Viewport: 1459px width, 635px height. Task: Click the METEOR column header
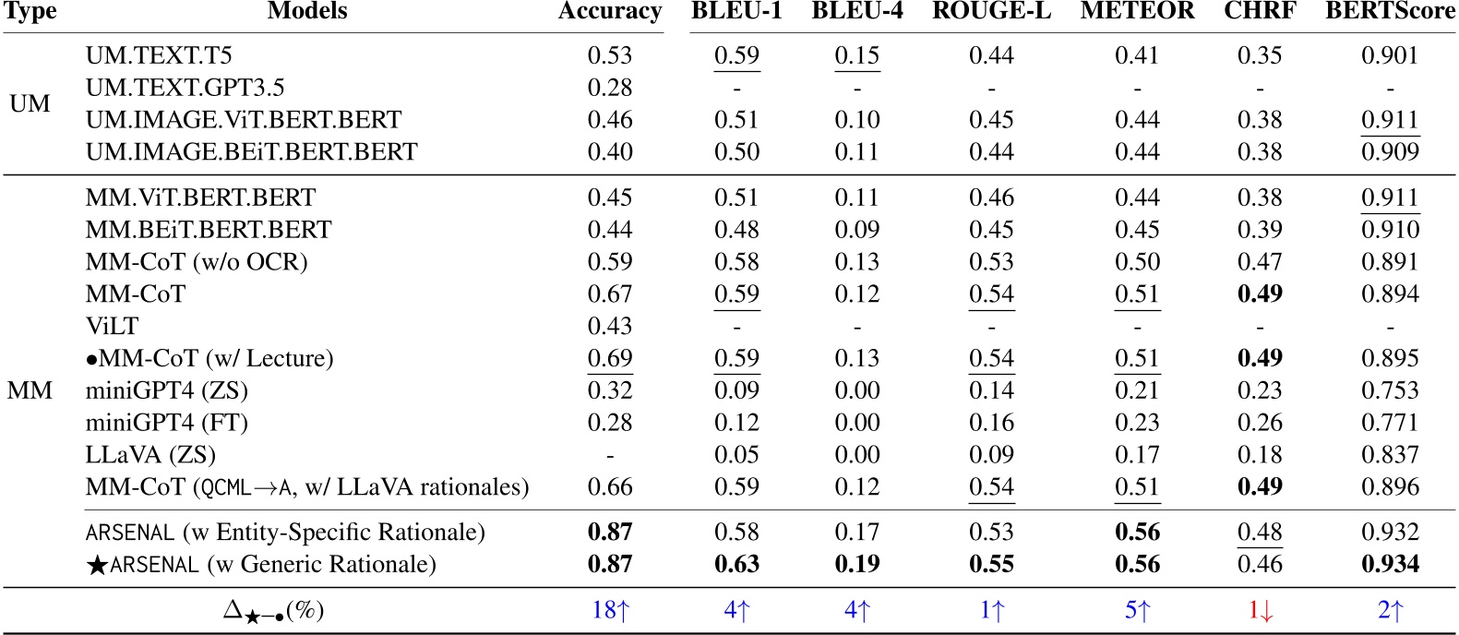[x=1136, y=11]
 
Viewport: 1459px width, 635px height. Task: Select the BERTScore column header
[x=1389, y=11]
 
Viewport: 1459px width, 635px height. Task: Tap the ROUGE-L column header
[x=991, y=11]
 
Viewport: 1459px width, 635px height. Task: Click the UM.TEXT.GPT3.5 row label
[x=185, y=88]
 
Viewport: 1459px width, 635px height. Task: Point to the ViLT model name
[x=112, y=326]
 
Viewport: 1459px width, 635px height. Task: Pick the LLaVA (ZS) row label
[x=150, y=455]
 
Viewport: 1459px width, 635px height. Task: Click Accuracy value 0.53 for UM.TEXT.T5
[x=609, y=55]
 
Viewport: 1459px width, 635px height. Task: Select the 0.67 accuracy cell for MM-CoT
[x=609, y=294]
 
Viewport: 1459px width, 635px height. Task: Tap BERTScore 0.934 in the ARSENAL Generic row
[x=1389, y=564]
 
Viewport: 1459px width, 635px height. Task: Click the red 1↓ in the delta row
[x=1260, y=610]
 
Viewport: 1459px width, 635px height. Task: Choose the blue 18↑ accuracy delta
[x=609, y=610]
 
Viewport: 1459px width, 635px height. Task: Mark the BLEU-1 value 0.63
[x=736, y=564]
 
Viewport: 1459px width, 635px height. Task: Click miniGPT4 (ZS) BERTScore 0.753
[x=1389, y=390]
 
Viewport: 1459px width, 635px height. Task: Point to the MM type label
[x=30, y=390]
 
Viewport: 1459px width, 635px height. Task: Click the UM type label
[x=30, y=103]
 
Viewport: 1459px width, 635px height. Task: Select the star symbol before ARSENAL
[x=96, y=565]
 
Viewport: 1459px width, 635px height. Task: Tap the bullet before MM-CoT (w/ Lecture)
[x=91, y=359]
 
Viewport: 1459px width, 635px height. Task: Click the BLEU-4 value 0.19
[x=856, y=564]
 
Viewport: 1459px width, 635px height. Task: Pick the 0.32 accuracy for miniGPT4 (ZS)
[x=609, y=390]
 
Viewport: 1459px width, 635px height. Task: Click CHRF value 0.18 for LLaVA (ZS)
[x=1260, y=455]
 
